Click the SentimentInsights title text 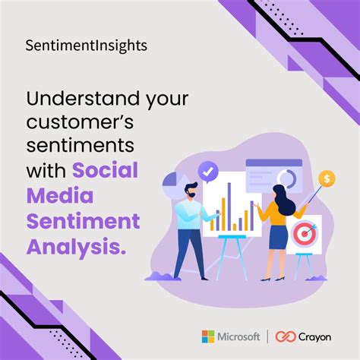click(x=85, y=46)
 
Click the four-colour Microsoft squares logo click(x=207, y=336)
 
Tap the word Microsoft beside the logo click(x=238, y=336)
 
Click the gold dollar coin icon click(x=327, y=178)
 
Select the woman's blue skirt click(x=278, y=237)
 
